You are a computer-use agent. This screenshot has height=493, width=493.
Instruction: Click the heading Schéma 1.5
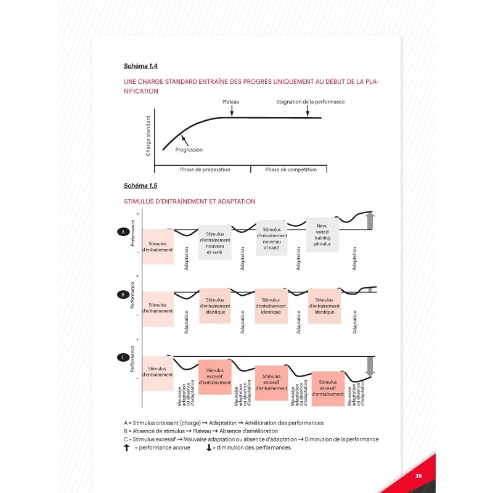tap(141, 185)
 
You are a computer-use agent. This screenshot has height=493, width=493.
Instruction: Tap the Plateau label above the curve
tap(230, 102)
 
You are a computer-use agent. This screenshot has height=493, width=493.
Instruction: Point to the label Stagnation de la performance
tap(310, 102)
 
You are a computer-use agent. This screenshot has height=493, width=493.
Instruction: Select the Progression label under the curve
tap(189, 150)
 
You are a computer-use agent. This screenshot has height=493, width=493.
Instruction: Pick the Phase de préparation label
tap(202, 169)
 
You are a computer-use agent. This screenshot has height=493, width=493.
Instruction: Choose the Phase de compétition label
tap(291, 169)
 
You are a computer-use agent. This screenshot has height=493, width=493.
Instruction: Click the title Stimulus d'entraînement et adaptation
tap(190, 202)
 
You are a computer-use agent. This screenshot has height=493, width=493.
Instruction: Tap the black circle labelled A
tap(122, 232)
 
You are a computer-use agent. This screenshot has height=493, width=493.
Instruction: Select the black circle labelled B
tap(122, 295)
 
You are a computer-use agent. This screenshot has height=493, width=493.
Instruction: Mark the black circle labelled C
tap(122, 357)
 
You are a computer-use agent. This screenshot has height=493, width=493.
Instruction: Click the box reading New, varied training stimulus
tap(322, 235)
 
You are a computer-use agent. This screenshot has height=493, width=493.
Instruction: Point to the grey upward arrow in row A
tap(370, 221)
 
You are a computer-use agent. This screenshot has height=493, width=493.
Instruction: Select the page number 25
tap(418, 476)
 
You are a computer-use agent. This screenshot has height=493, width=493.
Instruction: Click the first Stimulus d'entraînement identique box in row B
tap(214, 306)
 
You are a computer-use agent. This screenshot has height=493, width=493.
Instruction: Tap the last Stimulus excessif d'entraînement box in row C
tap(328, 389)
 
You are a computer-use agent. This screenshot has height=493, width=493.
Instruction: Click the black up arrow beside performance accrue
tap(127, 447)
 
